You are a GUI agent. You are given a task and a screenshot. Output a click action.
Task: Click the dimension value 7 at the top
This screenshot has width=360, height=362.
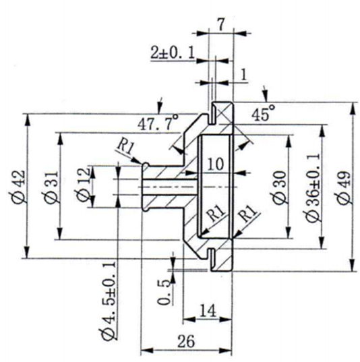tap(220, 22)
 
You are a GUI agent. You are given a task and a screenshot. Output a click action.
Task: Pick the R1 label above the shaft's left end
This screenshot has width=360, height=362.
tap(125, 145)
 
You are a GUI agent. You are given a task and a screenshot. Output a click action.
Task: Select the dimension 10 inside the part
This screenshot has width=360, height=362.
tap(216, 163)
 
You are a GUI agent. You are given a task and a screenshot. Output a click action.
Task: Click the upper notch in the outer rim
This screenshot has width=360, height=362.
tap(212, 112)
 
